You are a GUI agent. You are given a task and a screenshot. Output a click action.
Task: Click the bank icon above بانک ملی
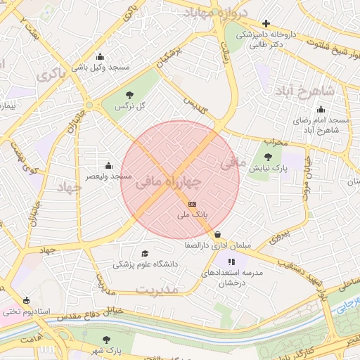click(x=193, y=203)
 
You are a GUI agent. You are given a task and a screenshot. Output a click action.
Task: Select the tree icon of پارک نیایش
click(x=267, y=157)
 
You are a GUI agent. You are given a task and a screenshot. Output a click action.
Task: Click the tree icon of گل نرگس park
click(x=128, y=95)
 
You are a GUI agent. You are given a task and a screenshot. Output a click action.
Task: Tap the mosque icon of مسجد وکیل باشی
click(x=100, y=57)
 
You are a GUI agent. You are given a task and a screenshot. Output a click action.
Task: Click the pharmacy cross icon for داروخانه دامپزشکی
click(x=265, y=23)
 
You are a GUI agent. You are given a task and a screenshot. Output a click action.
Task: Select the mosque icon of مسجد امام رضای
click(x=321, y=109)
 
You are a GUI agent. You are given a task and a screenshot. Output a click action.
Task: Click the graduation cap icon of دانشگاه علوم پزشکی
click(x=145, y=254)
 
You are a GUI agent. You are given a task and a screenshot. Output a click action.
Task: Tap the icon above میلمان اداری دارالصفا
click(x=217, y=235)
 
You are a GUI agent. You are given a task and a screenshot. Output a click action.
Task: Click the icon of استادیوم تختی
click(x=27, y=300)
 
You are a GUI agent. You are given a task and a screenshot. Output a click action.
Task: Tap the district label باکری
click(x=53, y=73)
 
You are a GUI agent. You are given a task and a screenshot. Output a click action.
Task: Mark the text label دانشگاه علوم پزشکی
click(x=146, y=265)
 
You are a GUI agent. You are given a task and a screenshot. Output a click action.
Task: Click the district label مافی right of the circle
click(x=234, y=163)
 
